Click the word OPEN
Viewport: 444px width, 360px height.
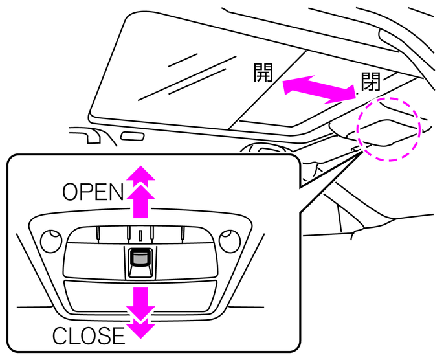93,192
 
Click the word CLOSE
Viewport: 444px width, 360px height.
88,336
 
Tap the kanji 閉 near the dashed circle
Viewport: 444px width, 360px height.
370,82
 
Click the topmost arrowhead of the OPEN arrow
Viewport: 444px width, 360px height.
140,173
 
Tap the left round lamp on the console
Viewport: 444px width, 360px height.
48,242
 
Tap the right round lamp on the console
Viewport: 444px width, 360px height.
228,242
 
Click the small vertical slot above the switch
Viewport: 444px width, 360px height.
139,233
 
